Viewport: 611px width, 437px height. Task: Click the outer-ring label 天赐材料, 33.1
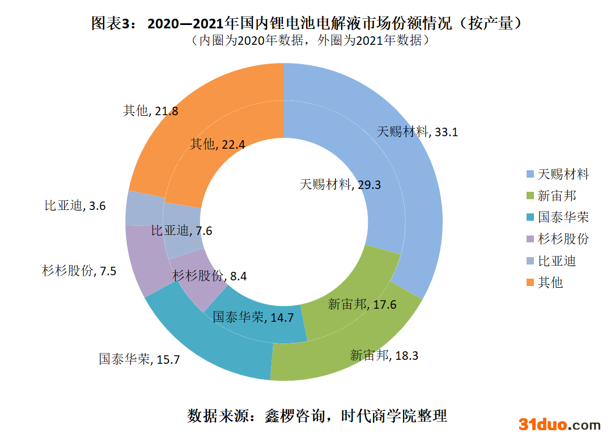pyautogui.click(x=417, y=132)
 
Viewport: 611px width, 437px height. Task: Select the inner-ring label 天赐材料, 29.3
pyautogui.click(x=340, y=184)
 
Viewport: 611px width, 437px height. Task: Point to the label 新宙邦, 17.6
pyautogui.click(x=362, y=304)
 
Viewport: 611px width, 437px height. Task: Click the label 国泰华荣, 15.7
pyautogui.click(x=139, y=359)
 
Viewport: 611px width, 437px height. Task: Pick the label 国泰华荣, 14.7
pyautogui.click(x=253, y=317)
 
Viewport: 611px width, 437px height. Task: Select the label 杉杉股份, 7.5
pyautogui.click(x=79, y=271)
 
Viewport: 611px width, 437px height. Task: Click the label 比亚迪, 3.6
pyautogui.click(x=75, y=206)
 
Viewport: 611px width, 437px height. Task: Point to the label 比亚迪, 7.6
pyautogui.click(x=181, y=230)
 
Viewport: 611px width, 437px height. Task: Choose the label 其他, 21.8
pyautogui.click(x=151, y=111)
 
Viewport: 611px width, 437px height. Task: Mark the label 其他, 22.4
pyautogui.click(x=218, y=144)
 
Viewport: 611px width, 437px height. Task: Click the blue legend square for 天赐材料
pyautogui.click(x=530, y=174)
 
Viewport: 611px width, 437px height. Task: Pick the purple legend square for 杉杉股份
pyautogui.click(x=530, y=239)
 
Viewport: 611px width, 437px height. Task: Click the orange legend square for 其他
pyautogui.click(x=530, y=282)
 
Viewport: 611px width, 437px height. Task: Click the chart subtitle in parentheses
pyautogui.click(x=306, y=41)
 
